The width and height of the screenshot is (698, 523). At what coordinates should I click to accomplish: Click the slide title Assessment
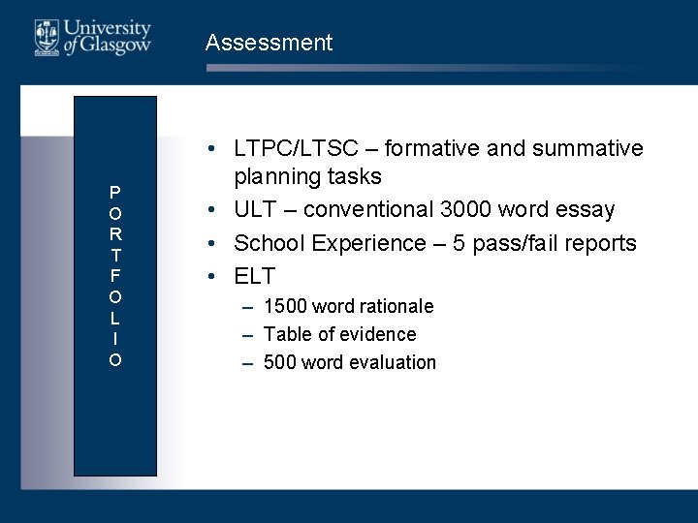tap(269, 43)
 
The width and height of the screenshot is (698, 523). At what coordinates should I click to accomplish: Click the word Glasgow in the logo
tap(117, 46)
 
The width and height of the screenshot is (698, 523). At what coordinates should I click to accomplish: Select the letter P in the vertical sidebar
tap(115, 192)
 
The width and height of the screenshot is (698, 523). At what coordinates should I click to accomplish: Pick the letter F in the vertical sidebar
tap(115, 276)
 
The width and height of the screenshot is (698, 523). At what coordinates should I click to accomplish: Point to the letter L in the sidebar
tap(115, 318)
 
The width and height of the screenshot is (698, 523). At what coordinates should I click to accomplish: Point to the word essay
tap(586, 210)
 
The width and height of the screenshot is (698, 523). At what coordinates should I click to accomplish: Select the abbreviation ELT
tap(255, 276)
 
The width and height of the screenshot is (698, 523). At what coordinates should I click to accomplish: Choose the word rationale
tap(396, 306)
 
